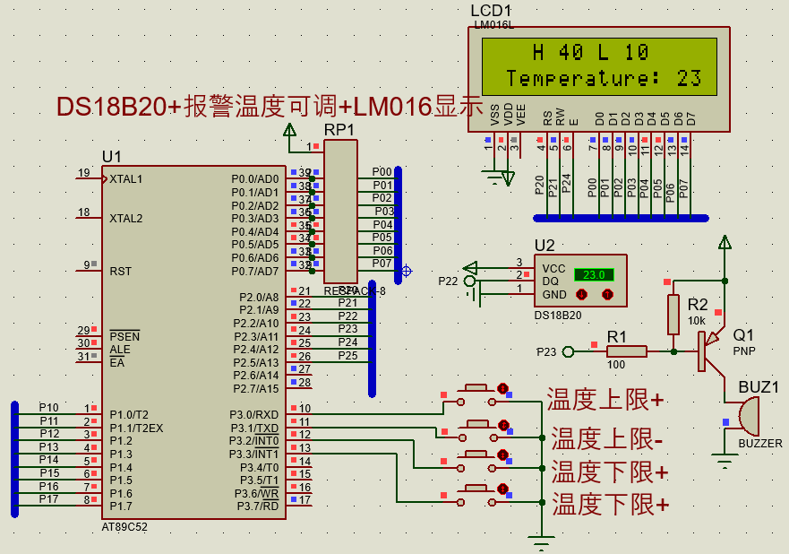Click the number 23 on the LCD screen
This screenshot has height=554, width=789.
(689, 78)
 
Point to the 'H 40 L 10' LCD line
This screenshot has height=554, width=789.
(590, 52)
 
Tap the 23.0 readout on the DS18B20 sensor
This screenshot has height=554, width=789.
(594, 274)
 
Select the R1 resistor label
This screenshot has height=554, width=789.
(617, 335)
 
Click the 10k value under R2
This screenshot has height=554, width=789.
(696, 320)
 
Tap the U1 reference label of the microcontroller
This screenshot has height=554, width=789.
(111, 156)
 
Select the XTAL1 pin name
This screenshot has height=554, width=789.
(126, 178)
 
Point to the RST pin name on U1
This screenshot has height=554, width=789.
(121, 270)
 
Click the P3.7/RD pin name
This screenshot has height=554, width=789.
(257, 506)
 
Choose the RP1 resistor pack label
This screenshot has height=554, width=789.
(339, 130)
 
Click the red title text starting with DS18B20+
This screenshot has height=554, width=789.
(270, 107)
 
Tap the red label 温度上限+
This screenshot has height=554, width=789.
(605, 400)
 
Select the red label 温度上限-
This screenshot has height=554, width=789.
(607, 438)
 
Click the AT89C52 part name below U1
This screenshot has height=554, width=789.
(124, 527)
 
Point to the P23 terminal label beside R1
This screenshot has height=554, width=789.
(546, 351)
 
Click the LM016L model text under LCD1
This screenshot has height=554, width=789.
(493, 24)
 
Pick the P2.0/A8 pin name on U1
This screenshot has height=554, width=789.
(259, 297)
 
